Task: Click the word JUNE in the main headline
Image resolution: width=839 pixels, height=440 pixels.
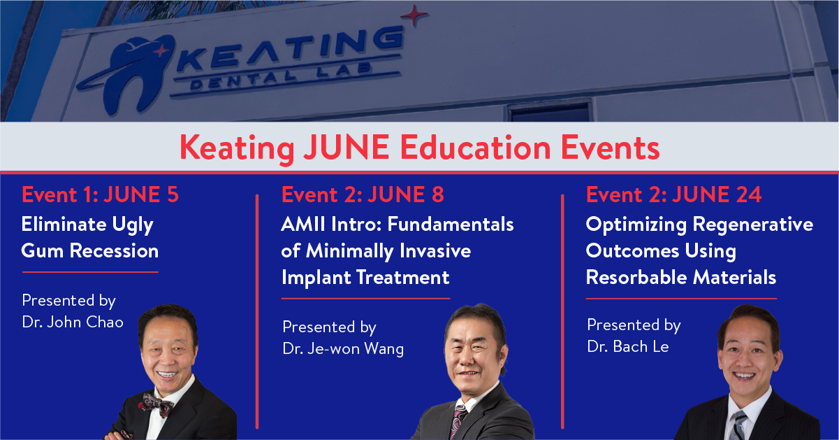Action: (346, 148)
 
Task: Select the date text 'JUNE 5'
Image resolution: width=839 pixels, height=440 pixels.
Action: (141, 194)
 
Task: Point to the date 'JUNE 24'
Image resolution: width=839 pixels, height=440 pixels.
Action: (717, 194)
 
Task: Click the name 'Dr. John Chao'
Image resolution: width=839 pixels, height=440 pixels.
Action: (73, 322)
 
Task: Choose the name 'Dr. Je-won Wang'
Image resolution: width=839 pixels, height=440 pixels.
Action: (343, 349)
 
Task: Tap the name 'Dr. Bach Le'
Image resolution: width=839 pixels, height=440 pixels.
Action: (628, 346)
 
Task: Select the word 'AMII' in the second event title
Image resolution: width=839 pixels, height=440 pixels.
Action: (303, 225)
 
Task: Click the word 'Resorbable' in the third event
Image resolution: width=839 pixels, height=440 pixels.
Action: (636, 278)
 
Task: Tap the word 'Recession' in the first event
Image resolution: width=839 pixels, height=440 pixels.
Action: (115, 251)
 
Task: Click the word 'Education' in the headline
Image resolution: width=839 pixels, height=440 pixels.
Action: (475, 148)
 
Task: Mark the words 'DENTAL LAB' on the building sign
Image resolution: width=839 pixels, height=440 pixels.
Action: (281, 76)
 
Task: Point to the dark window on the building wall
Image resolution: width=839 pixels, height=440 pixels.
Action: (550, 111)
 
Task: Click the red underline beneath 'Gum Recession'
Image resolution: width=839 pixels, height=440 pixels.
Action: (90, 272)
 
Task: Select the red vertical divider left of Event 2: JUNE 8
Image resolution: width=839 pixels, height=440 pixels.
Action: (257, 311)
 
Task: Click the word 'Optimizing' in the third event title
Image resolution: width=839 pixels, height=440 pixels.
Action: (636, 225)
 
